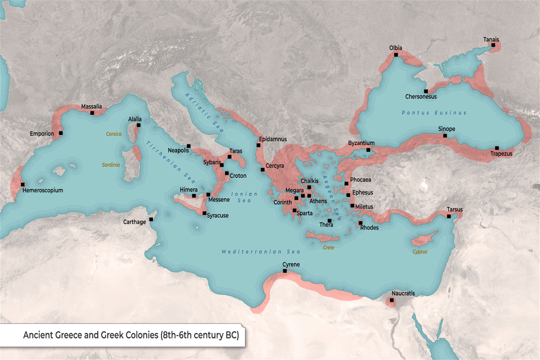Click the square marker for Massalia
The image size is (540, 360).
[92, 113]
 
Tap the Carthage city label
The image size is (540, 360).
[135, 222]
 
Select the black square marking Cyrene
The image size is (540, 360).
[285, 271]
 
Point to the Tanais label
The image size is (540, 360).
[491, 39]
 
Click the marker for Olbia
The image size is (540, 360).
[396, 55]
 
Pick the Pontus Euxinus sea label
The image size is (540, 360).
[434, 113]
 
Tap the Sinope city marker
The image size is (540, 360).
[445, 135]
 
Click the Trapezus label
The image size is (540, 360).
[501, 154]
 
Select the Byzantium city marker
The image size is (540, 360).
[368, 150]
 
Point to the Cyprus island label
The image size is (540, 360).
[420, 252]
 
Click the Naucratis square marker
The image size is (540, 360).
[392, 300]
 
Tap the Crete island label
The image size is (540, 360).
[329, 248]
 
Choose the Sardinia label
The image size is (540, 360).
[111, 165]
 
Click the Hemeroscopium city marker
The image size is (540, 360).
[23, 184]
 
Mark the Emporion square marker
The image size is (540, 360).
[61, 133]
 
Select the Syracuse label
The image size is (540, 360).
[218, 215]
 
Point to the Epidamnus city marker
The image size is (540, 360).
[258, 145]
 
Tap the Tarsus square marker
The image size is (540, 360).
[449, 216]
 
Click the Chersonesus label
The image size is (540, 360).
[421, 96]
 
